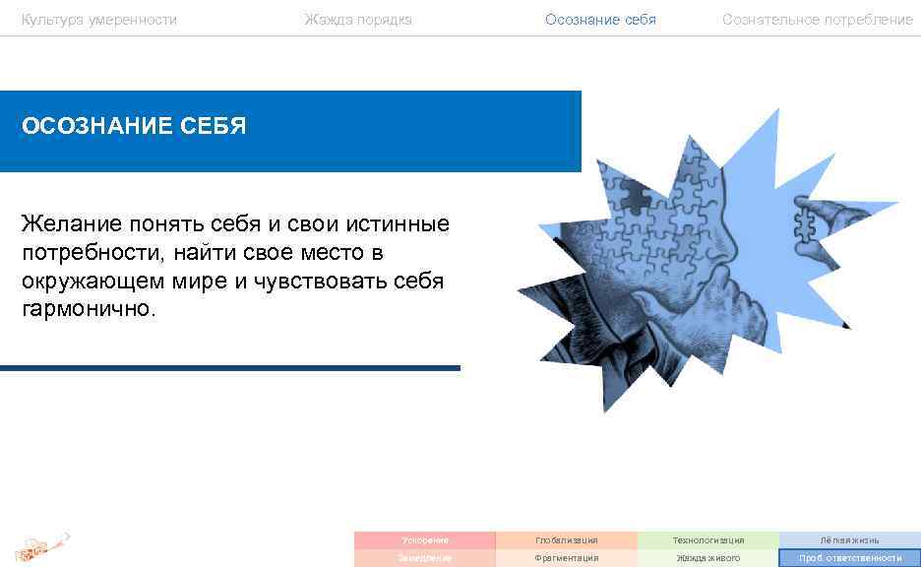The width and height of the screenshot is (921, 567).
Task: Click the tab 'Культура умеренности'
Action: click(99, 20)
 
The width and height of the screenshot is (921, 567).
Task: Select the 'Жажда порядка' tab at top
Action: click(358, 20)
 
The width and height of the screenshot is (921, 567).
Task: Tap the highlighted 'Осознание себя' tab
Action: click(600, 20)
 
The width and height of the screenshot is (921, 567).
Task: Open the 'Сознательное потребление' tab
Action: click(817, 20)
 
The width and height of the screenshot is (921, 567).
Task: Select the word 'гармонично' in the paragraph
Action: click(85, 309)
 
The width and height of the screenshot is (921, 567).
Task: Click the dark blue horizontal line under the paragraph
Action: click(230, 368)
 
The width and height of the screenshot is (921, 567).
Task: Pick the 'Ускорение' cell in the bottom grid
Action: click(425, 539)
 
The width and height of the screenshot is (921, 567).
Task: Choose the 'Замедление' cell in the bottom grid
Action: click(425, 558)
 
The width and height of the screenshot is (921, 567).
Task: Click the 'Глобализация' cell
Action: click(567, 539)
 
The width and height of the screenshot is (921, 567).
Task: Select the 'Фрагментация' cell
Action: click(567, 558)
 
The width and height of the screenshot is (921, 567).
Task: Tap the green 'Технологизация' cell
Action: click(708, 539)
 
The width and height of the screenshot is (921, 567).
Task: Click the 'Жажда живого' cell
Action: click(708, 558)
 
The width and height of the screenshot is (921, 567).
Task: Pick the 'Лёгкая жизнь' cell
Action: click(850, 539)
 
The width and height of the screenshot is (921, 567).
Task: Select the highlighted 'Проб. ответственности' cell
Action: click(850, 558)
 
